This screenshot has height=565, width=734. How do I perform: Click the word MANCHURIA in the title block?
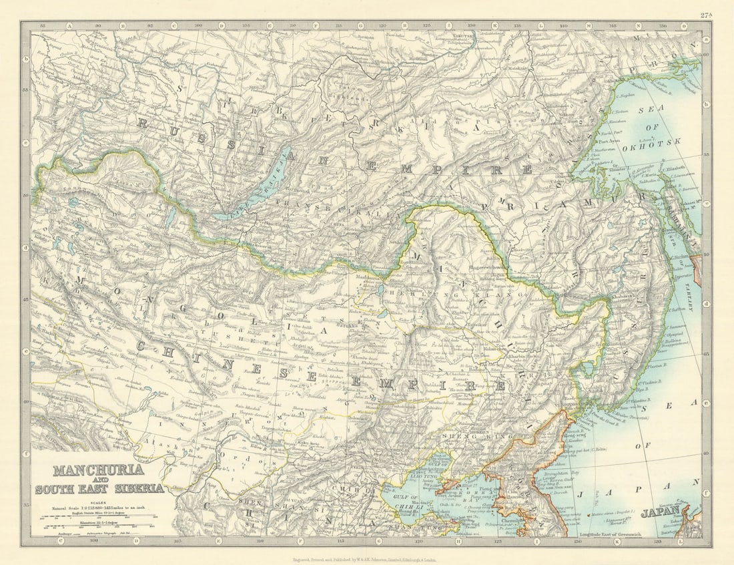click(x=98, y=469)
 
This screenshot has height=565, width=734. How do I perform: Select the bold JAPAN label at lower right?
click(x=661, y=513)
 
